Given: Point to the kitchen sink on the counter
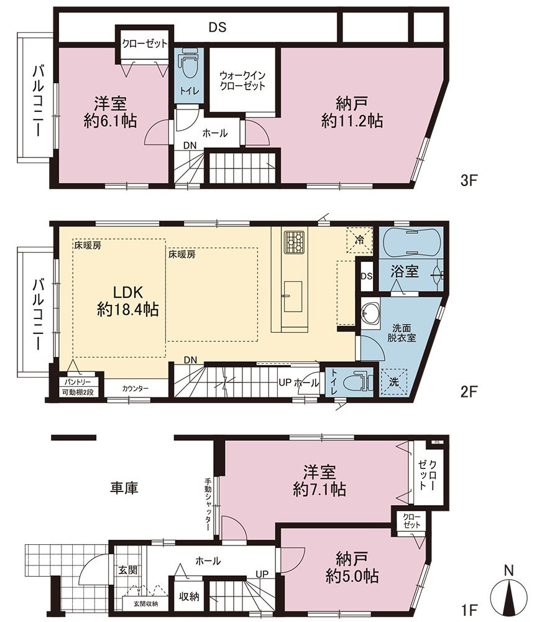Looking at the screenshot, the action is pyautogui.click(x=293, y=296).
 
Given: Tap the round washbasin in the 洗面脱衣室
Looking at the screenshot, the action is pyautogui.click(x=371, y=312).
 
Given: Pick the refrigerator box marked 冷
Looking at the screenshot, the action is pyautogui.click(x=359, y=239).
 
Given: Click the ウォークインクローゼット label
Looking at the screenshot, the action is pyautogui.click(x=242, y=80).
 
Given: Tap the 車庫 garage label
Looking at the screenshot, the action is pyautogui.click(x=124, y=488).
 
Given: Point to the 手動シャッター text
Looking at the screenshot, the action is pyautogui.click(x=208, y=504).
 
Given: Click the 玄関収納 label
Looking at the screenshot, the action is pyautogui.click(x=145, y=604).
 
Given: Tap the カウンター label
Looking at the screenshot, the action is pyautogui.click(x=135, y=388).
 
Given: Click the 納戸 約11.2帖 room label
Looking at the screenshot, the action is pyautogui.click(x=352, y=113).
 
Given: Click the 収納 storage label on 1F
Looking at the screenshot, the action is pyautogui.click(x=189, y=596).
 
